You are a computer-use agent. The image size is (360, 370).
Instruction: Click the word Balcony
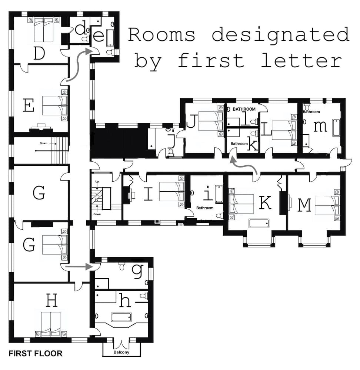(x=121, y=352)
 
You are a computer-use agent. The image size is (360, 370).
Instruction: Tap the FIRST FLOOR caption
(x=36, y=353)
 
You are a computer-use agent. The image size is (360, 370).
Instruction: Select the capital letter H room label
(x=51, y=301)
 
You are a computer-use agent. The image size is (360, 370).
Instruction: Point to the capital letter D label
(x=39, y=53)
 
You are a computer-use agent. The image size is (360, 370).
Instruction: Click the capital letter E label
(x=29, y=105)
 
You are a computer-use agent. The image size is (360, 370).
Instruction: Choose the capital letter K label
(x=265, y=203)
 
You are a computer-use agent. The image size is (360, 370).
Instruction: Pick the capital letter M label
(x=304, y=205)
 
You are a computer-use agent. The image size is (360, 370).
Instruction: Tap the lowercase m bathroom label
(x=320, y=126)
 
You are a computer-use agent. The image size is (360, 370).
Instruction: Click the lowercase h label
(x=125, y=301)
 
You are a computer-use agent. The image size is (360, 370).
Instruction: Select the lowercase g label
(x=137, y=271)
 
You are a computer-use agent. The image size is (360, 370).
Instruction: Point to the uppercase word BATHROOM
(x=244, y=109)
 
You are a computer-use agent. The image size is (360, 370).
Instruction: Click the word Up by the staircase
(x=97, y=182)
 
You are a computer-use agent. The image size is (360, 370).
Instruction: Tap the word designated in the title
(x=280, y=35)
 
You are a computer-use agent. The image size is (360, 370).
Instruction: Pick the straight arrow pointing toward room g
(x=78, y=266)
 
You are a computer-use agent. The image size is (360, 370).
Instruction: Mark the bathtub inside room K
(x=259, y=223)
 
